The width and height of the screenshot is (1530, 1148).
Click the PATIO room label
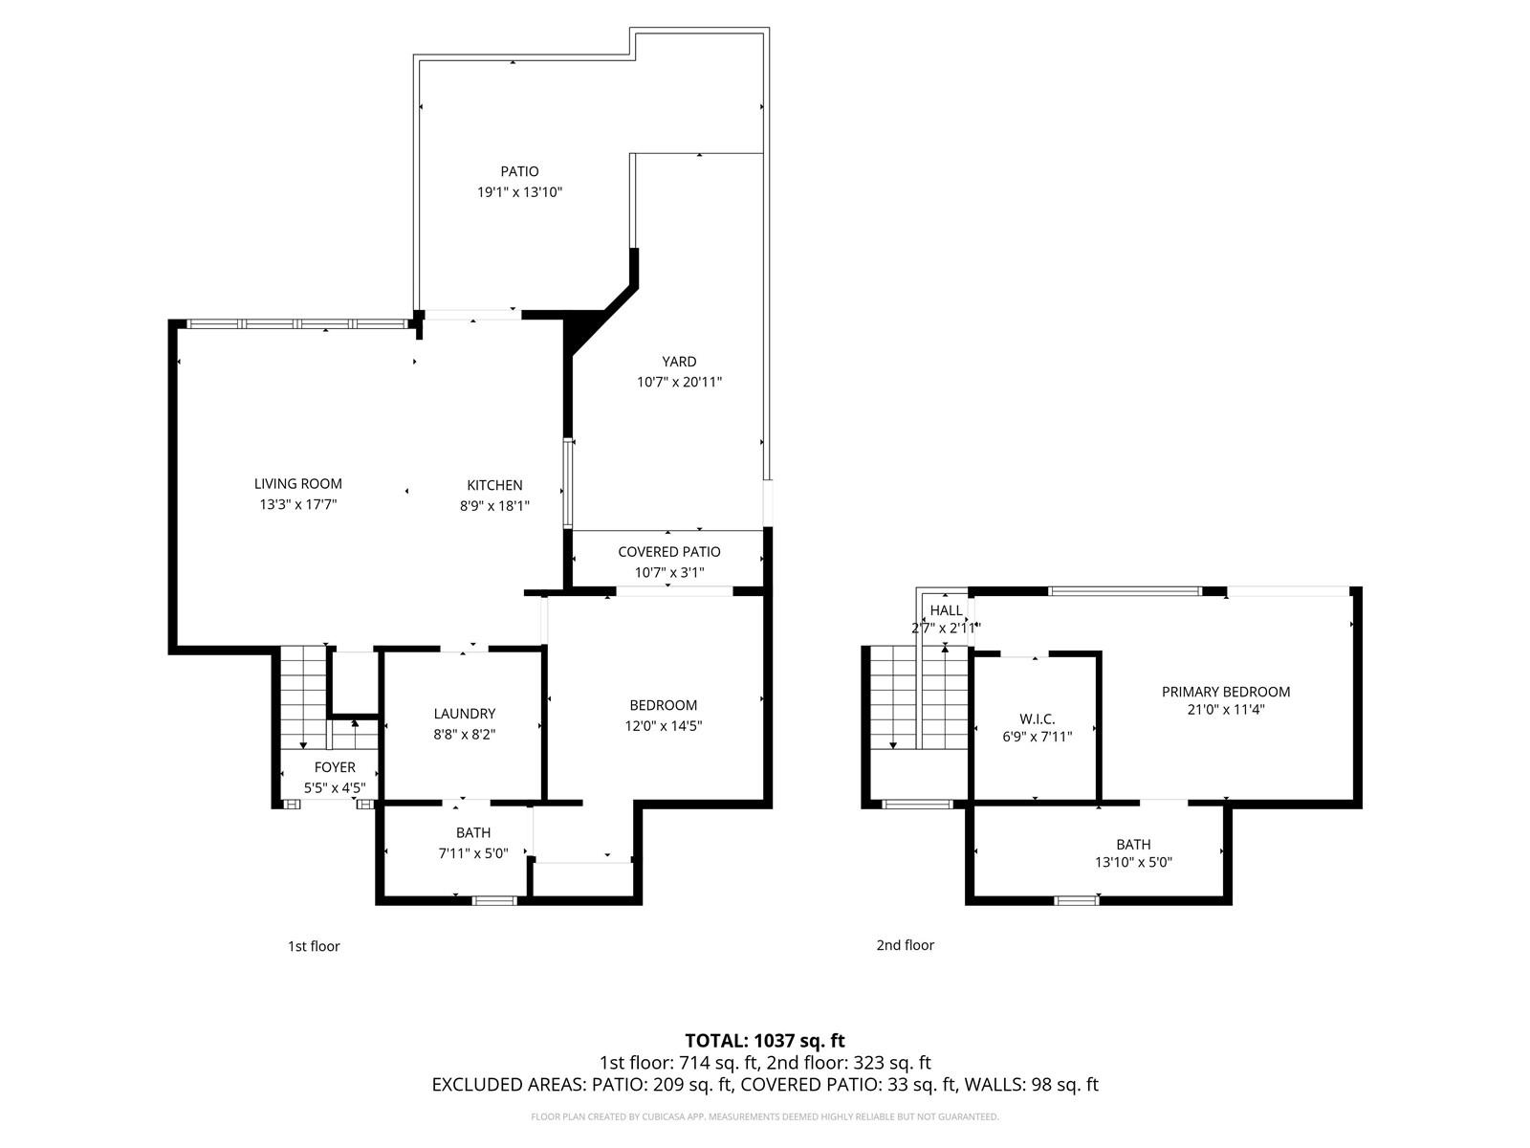519,171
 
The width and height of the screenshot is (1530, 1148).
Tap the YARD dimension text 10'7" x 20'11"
679,382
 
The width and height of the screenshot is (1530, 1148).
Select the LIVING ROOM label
297,484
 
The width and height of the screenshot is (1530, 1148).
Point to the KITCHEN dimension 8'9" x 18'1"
494,505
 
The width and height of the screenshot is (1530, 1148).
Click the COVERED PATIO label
668,552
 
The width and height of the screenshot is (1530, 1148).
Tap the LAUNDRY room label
464,714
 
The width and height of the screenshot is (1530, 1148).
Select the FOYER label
335,767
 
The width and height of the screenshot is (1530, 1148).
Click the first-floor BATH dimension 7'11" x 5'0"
472,853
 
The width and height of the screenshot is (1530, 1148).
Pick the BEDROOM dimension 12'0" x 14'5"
663,726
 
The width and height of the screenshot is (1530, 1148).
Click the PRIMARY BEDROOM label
1225,692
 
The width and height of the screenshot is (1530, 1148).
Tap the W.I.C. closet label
1037,718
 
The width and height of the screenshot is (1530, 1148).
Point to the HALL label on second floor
946,610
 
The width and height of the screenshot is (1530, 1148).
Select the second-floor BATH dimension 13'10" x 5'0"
1133,862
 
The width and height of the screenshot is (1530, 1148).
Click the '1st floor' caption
314,946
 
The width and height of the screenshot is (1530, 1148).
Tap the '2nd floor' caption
905,945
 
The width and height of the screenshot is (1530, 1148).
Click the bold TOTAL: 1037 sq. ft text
764,1040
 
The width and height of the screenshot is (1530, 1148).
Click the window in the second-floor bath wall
1077,900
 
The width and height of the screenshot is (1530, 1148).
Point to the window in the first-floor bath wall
494,900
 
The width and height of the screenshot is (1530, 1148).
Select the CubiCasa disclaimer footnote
764,1116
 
